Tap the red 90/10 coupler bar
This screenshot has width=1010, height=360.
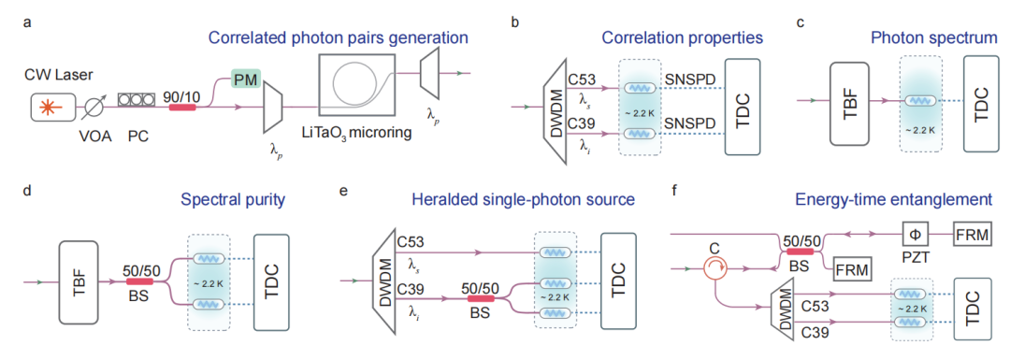coord(181,107)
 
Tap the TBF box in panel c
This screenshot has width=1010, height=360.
coord(850,102)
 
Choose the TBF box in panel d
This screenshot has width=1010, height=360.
coord(79,281)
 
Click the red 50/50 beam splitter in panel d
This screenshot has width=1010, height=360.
coord(139,281)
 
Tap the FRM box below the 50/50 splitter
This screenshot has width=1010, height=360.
coord(852,268)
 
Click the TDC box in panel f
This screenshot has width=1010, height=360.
coord(974,308)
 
